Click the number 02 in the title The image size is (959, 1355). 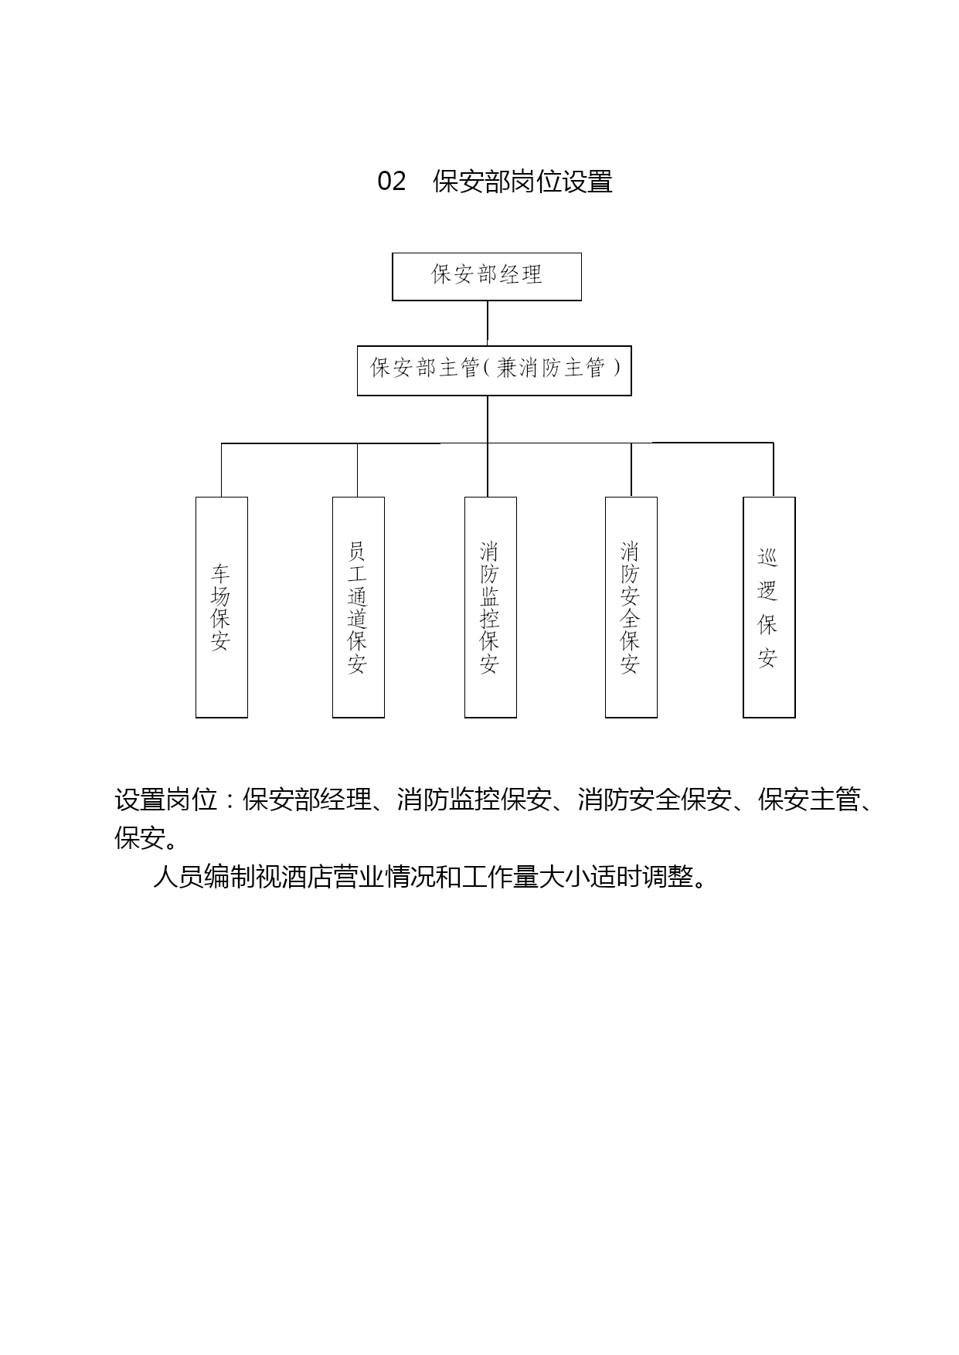(x=392, y=182)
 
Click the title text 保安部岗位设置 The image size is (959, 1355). (x=522, y=182)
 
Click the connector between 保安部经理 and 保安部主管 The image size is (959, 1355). (x=488, y=323)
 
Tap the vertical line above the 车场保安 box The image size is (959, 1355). (x=222, y=470)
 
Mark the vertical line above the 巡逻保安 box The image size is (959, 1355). (x=774, y=470)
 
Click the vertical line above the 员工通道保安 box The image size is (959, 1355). (x=358, y=470)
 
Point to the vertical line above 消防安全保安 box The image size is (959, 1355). (x=631, y=470)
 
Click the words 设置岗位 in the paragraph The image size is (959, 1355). (x=166, y=800)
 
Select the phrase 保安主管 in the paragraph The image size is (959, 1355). (x=809, y=800)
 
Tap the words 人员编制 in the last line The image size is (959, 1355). (x=204, y=878)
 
